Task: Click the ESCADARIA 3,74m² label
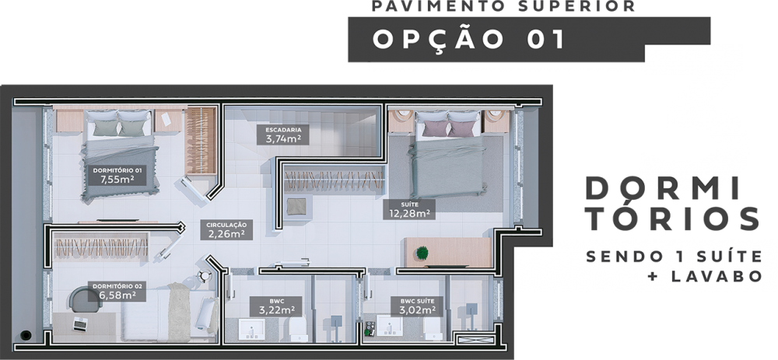[x=283, y=135]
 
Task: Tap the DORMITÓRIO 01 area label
[x=117, y=175]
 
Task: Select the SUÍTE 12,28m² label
[x=409, y=209]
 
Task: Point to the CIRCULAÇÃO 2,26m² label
[x=226, y=230]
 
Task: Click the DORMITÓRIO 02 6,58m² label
[x=117, y=292]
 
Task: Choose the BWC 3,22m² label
[x=276, y=306]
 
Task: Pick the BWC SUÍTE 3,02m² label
[x=417, y=306]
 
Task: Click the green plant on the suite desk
[x=422, y=253]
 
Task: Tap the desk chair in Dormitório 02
[x=84, y=299]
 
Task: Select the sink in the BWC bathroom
[x=251, y=329]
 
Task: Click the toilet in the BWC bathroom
[x=299, y=329]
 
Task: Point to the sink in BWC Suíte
[x=390, y=326]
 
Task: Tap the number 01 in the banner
[x=545, y=40]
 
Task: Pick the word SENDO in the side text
[x=618, y=257]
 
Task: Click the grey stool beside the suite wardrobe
[x=296, y=206]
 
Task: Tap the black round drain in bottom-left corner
[x=26, y=335]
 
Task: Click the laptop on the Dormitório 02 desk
[x=79, y=323]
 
